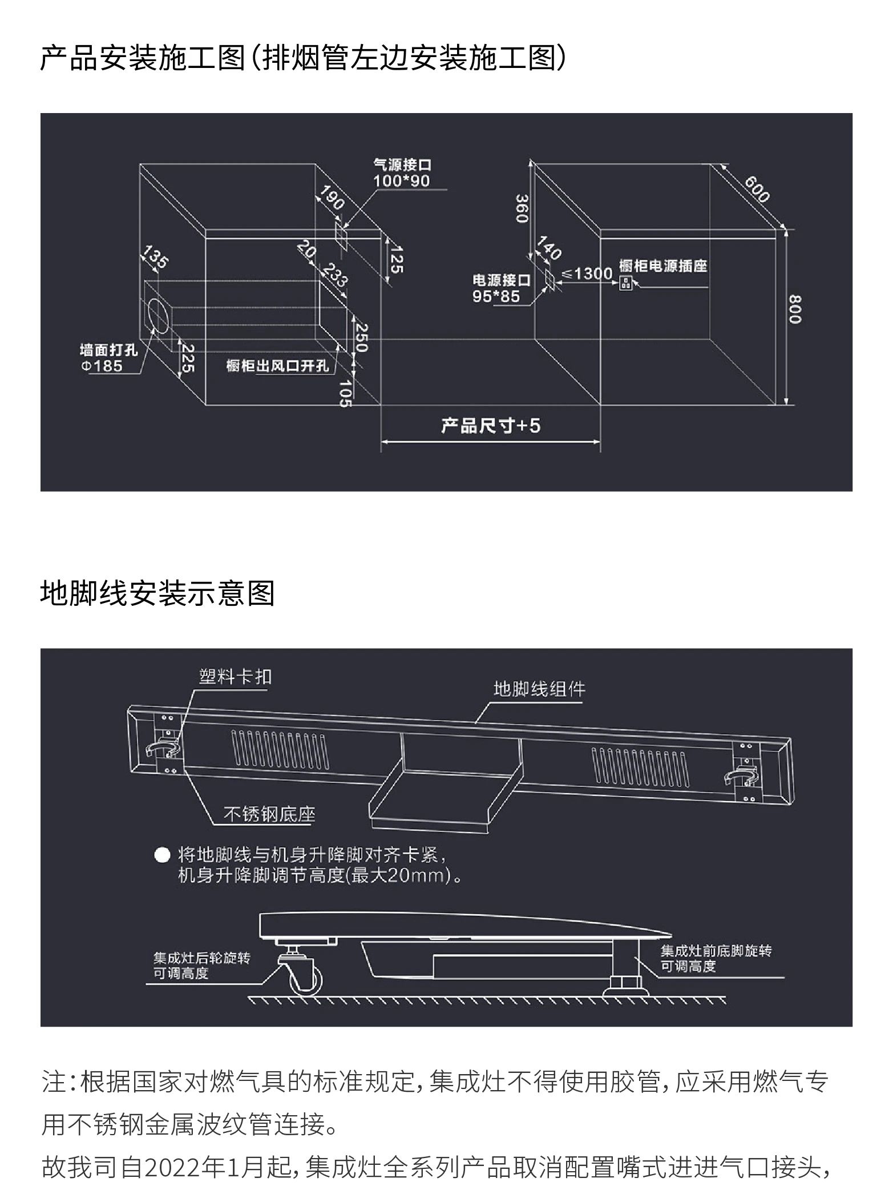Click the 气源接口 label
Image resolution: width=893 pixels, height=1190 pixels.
(x=402, y=164)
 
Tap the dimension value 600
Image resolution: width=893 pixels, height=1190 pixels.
(x=757, y=189)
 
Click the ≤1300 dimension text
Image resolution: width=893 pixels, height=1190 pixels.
(x=587, y=274)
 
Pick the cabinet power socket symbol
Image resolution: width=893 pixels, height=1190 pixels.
(x=625, y=283)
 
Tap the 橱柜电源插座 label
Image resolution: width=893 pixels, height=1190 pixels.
(x=663, y=266)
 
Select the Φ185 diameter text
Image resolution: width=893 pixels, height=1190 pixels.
(x=102, y=365)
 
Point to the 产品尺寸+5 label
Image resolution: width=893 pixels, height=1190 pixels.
(x=490, y=425)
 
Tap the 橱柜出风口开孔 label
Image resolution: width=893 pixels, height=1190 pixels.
(x=278, y=365)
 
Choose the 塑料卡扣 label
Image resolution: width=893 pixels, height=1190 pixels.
(x=235, y=677)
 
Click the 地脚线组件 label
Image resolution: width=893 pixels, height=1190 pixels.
(x=539, y=689)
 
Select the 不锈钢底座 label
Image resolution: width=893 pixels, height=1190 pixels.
(x=269, y=814)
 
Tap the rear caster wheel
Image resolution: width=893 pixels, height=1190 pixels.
(x=305, y=980)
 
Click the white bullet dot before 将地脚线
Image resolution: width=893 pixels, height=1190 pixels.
(x=163, y=855)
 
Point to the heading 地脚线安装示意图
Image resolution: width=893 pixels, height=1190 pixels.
(x=157, y=593)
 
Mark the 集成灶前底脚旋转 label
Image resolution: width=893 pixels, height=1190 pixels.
(x=716, y=951)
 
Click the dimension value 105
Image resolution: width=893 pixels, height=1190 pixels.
(x=344, y=393)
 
